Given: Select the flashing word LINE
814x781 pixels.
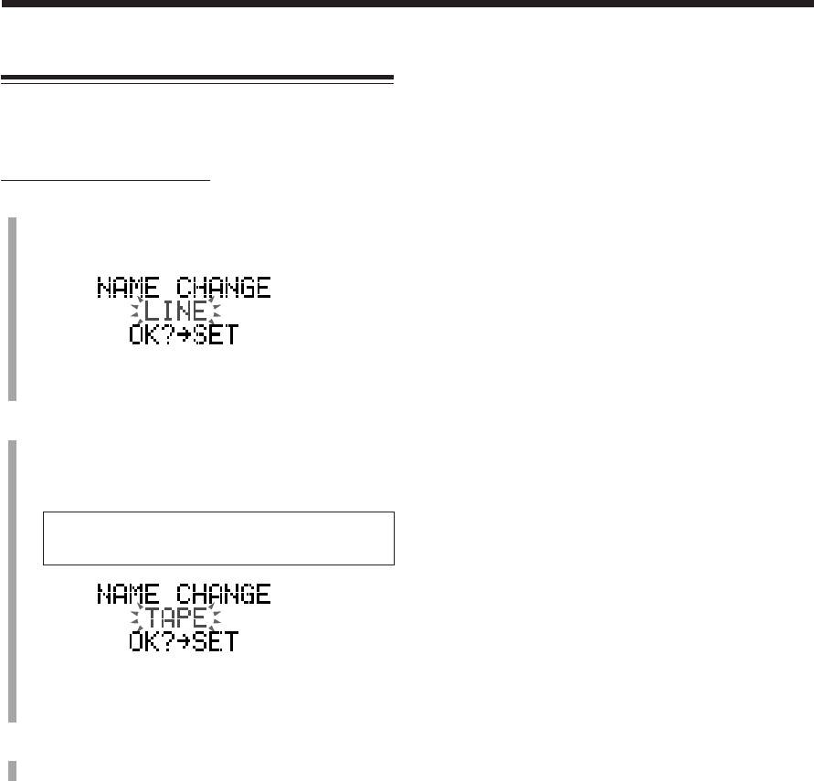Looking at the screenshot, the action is click(x=176, y=312).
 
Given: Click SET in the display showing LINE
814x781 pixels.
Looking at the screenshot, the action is click(x=217, y=335).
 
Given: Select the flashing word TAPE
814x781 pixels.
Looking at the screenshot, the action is click(x=176, y=618).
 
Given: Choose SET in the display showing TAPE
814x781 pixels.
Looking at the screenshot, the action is click(x=217, y=641).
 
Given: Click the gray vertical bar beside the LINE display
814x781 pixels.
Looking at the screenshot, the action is click(x=12, y=309).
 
